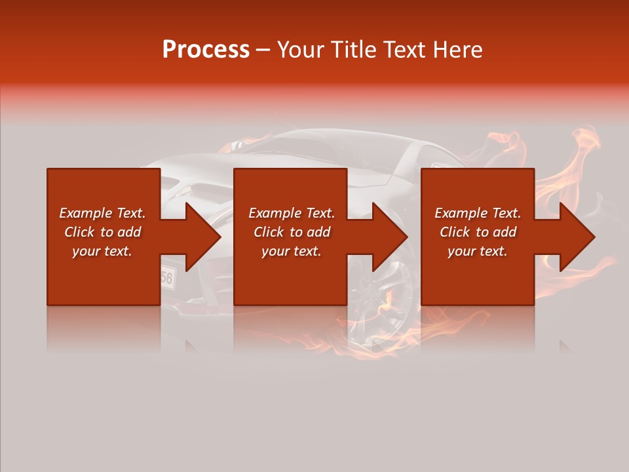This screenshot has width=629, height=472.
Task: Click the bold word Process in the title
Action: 206,50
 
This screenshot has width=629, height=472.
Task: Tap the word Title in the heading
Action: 354,50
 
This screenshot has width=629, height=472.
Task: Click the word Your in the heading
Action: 302,50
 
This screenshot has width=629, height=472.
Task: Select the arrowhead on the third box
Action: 576,237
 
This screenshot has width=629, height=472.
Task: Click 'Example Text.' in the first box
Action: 102,213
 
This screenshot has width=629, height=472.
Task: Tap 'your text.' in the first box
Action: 102,251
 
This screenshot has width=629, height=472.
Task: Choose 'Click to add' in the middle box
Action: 292,232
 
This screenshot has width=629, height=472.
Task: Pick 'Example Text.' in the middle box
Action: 292,213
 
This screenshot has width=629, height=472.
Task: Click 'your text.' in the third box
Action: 478,251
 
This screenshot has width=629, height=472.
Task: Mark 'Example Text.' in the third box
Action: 478,213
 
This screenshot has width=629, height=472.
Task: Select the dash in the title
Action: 263,50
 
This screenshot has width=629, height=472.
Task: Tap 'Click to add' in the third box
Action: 478,232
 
